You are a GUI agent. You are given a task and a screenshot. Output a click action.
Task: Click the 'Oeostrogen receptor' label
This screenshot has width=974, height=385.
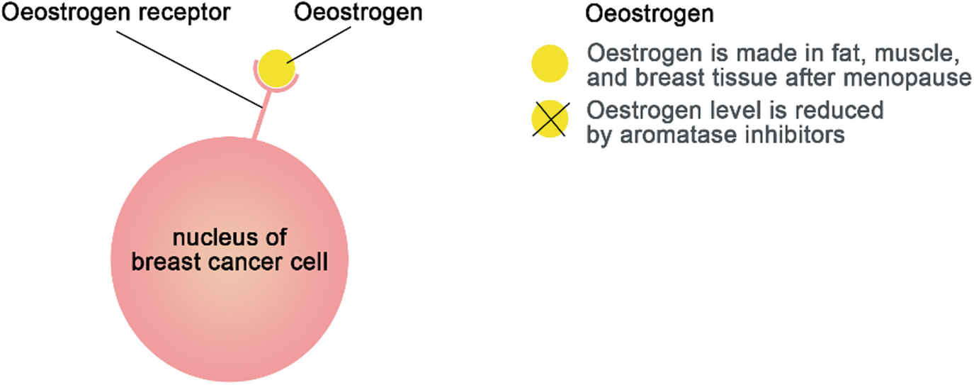(x=115, y=13)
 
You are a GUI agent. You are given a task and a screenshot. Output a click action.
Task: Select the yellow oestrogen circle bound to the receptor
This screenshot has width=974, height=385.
(x=276, y=68)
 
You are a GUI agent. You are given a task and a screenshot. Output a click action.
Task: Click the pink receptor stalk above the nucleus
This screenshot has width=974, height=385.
(x=261, y=116)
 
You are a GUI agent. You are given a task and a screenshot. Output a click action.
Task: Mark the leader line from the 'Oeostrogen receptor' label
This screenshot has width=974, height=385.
(x=188, y=69)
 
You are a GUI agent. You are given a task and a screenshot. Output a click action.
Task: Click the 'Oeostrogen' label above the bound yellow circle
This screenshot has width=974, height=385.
(x=358, y=13)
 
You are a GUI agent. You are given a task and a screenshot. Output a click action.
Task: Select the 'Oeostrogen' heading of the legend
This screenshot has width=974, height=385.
(x=649, y=14)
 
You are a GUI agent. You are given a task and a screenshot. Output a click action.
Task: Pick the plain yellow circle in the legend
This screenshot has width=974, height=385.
(x=550, y=64)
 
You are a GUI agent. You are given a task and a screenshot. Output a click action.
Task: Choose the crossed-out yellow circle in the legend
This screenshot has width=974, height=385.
(x=550, y=119)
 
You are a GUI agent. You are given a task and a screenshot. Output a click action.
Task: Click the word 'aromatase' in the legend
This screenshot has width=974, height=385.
(x=679, y=135)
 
